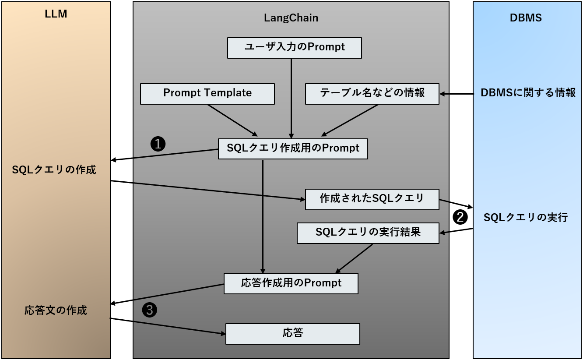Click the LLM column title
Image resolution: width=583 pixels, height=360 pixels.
coord(56,14)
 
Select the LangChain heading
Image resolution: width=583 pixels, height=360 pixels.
coord(291,18)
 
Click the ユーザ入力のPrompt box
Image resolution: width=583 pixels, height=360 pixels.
coord(294,48)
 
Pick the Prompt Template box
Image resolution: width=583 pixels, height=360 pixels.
coord(207,94)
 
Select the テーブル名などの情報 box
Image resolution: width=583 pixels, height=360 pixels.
coord(372,94)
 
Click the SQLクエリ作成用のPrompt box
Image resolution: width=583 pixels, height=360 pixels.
coord(293,148)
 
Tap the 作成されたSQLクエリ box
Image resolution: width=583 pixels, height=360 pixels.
coord(372,199)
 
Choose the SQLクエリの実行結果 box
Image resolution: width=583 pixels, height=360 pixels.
coord(368,233)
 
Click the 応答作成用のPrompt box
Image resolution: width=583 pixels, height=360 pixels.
coord(291,283)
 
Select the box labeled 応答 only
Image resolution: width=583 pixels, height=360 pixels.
coord(292,334)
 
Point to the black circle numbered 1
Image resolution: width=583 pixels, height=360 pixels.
coord(158,144)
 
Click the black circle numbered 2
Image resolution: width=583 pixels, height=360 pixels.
coord(460,216)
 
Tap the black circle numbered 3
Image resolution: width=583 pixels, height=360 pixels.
coord(150,310)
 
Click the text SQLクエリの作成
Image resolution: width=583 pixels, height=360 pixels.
coord(54,170)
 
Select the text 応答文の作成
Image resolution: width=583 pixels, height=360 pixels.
coord(56,311)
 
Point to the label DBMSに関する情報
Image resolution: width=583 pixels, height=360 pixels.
coord(528,93)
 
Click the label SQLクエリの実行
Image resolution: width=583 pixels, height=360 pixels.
coord(525,217)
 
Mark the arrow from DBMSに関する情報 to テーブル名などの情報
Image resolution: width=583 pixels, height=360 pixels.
coord(457,94)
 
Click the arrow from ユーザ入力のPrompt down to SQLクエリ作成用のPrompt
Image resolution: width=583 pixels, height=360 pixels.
coord(291,99)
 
